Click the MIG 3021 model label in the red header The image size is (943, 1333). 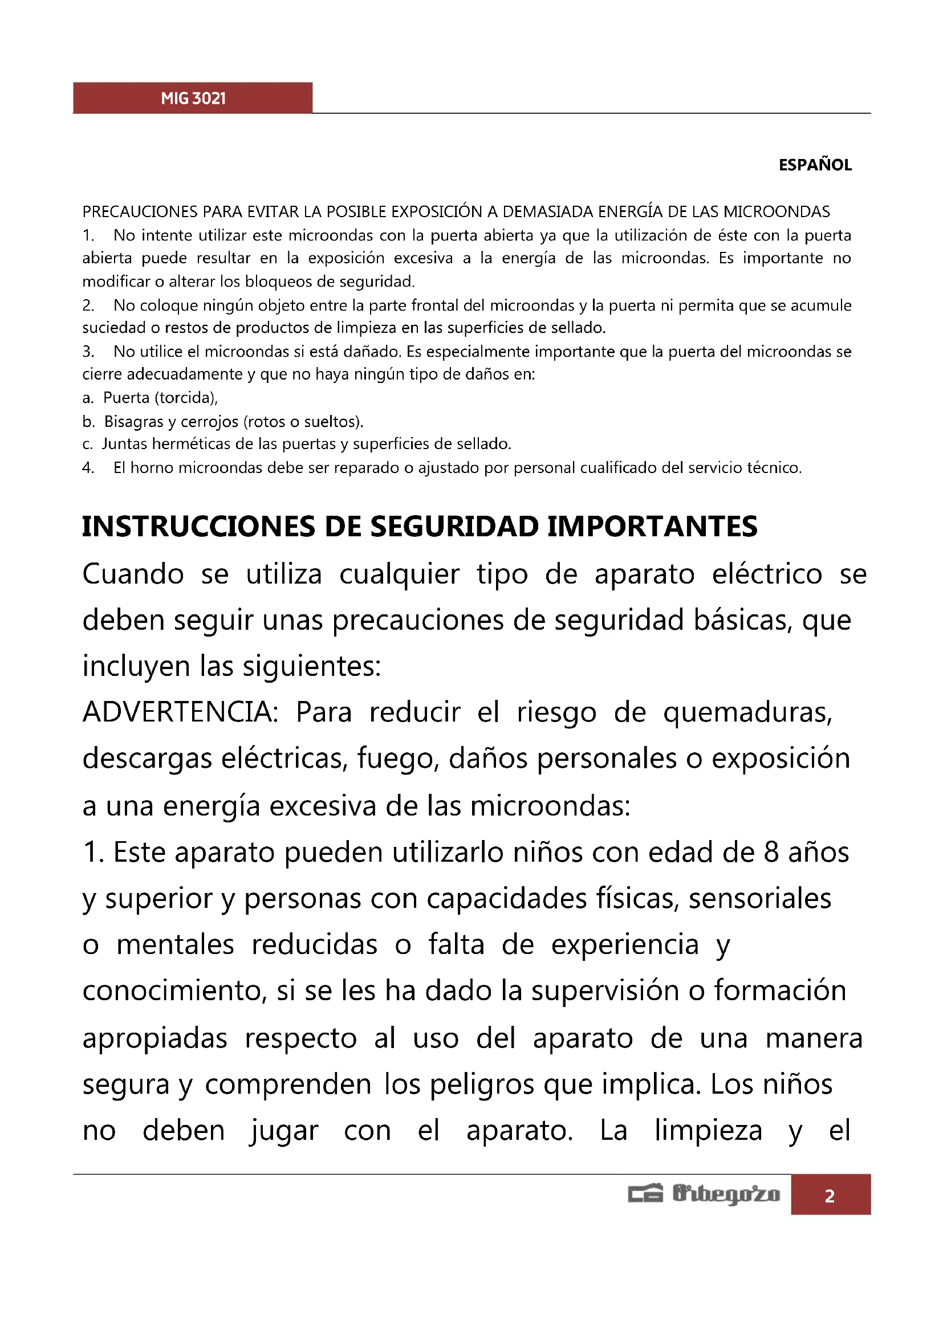[x=193, y=99]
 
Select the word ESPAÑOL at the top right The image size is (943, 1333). [x=815, y=165]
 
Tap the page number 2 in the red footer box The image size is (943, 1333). [x=830, y=1196]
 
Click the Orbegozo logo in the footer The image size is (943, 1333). [x=704, y=1195]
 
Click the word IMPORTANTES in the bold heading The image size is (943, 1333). [x=652, y=527]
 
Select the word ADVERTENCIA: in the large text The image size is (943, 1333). [x=181, y=712]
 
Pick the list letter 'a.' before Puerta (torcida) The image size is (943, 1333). [x=88, y=398]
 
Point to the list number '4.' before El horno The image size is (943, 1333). [x=88, y=468]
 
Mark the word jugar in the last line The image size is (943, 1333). [x=284, y=1131]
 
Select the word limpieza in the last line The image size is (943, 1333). [x=708, y=1131]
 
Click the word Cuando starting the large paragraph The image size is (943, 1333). [x=133, y=575]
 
